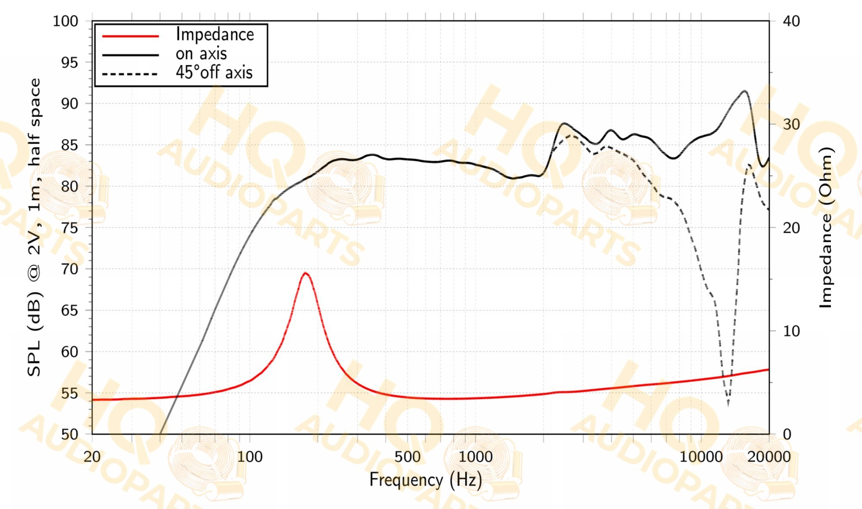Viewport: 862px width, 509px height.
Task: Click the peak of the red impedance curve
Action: [305, 273]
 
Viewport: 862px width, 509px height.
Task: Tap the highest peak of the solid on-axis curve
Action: [744, 91]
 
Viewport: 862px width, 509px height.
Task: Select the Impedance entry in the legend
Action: [215, 34]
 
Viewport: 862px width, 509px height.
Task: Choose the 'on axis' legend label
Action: [201, 54]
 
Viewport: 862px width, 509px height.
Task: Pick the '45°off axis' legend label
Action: [214, 72]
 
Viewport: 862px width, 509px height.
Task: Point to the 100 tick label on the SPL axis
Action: [66, 21]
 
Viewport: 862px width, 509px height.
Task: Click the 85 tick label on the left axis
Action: [70, 145]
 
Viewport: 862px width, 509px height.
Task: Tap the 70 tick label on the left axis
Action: [70, 269]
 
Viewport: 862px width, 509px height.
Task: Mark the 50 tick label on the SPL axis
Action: [70, 434]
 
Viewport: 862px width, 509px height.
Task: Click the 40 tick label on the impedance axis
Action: [791, 21]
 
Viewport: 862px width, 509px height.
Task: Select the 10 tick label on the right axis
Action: [791, 331]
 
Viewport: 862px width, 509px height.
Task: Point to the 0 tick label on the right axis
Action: [787, 434]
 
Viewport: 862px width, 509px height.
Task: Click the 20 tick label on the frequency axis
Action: [92, 456]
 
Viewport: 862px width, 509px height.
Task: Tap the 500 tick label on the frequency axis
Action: [407, 456]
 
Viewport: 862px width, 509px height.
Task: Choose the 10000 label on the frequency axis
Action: [701, 456]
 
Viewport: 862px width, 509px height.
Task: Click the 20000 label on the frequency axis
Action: [769, 456]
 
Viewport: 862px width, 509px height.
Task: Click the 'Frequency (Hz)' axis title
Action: [426, 480]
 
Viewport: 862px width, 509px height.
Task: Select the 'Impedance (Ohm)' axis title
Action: [825, 228]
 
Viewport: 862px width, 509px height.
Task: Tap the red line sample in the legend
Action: [131, 36]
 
